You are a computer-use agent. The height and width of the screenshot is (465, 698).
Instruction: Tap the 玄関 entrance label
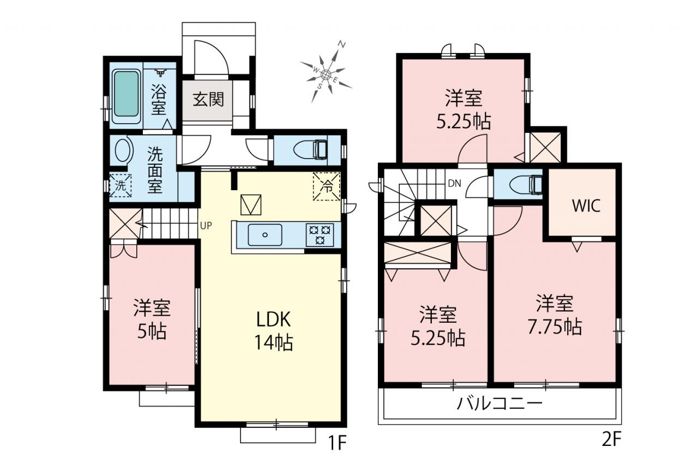(208, 100)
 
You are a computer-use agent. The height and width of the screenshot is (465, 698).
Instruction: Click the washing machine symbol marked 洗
(121, 186)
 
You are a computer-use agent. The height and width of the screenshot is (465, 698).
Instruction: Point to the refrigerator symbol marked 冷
(327, 186)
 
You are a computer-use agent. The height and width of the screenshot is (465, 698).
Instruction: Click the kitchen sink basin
(265, 235)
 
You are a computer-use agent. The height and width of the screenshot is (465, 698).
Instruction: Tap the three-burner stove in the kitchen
(320, 235)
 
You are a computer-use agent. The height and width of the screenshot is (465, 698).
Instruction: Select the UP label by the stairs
(206, 226)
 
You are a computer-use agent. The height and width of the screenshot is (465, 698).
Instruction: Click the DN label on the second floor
(454, 184)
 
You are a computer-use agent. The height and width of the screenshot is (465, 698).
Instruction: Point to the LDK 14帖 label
(274, 331)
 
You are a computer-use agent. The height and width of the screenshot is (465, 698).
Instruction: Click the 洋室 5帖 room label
(152, 319)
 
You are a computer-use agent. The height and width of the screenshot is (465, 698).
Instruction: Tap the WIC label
(586, 206)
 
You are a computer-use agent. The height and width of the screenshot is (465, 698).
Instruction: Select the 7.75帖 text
(555, 327)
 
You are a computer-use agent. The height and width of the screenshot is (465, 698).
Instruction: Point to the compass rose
(326, 74)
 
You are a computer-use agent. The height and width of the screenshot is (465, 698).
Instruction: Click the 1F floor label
(338, 443)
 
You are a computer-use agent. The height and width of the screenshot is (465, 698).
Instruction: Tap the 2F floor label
(611, 439)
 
